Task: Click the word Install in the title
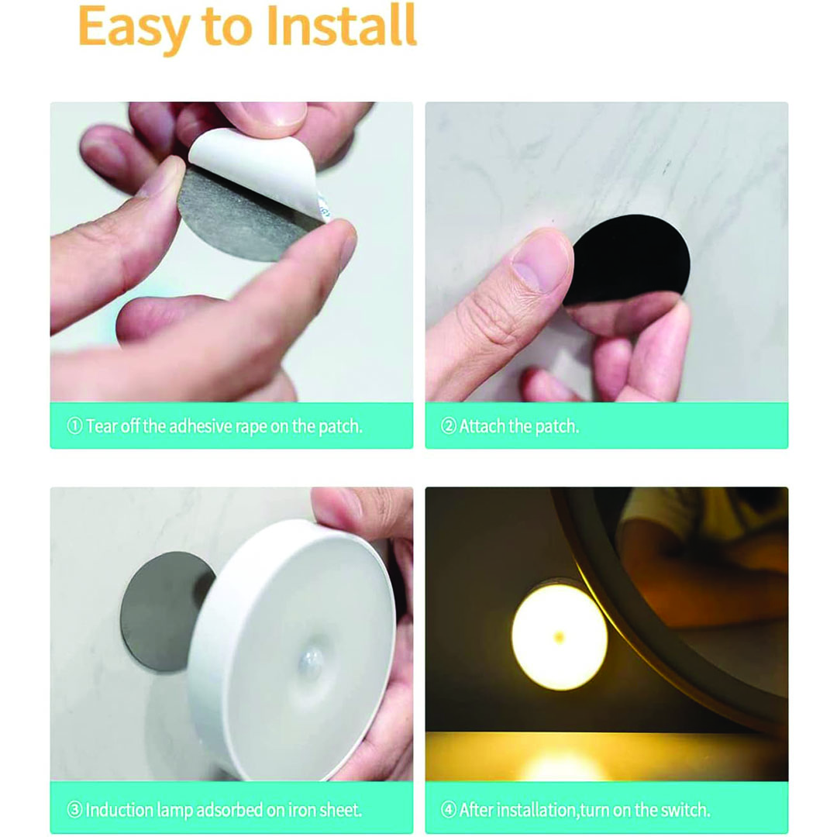point(340,26)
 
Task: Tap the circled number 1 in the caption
point(74,426)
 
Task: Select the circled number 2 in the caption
point(449,426)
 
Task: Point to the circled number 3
point(74,810)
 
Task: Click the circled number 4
point(449,810)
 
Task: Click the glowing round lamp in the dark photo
point(560,636)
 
